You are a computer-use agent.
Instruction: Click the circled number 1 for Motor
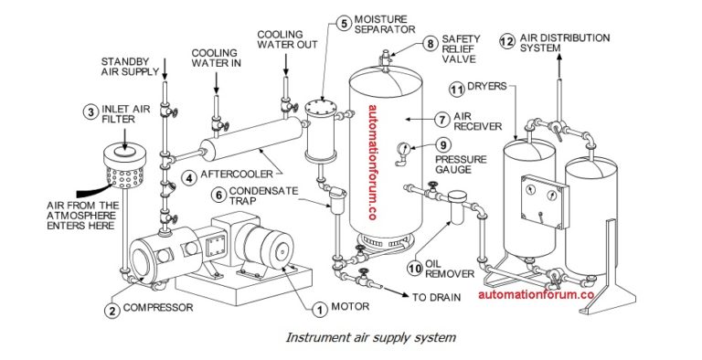[x=319, y=309]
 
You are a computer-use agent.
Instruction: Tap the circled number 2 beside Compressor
[x=111, y=310]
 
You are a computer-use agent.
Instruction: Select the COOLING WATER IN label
[x=217, y=58]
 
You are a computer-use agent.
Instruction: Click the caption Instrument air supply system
[x=370, y=337]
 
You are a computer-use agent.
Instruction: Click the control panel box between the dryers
[x=541, y=200]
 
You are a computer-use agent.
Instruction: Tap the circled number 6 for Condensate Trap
[x=220, y=194]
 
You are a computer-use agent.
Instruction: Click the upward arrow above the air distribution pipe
[x=557, y=59]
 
